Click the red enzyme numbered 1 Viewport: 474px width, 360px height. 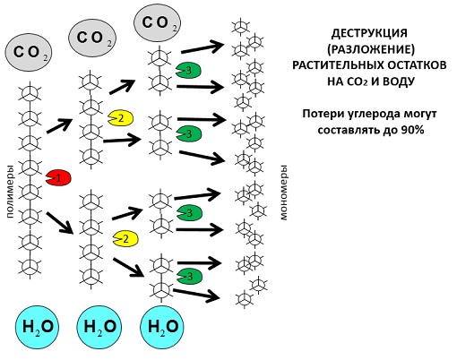tap(58, 177)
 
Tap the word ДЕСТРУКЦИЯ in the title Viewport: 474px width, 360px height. tap(369, 33)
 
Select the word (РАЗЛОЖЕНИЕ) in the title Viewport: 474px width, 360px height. tap(371, 49)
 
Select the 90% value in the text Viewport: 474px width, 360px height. tap(413, 130)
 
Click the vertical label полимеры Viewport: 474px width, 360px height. tap(10, 191)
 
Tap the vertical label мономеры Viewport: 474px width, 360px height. tap(283, 193)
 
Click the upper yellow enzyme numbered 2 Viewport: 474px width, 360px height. tap(121, 118)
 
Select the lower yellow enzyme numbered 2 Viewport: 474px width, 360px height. tap(125, 239)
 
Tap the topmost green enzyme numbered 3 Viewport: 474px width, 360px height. tap(189, 71)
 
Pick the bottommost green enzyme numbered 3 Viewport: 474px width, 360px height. tap(189, 277)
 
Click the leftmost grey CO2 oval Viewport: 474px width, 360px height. tap(29, 53)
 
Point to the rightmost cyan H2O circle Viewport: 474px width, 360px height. tap(162, 327)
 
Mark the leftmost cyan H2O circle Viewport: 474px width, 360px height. tap(37, 327)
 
